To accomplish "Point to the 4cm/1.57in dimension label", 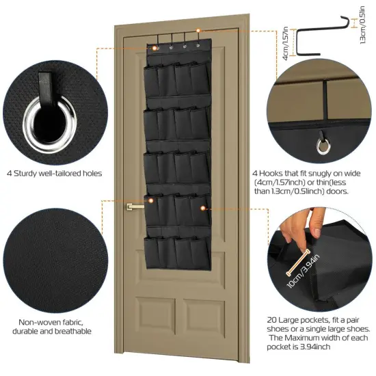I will click(286, 42).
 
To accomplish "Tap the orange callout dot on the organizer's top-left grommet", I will click(155, 48).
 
